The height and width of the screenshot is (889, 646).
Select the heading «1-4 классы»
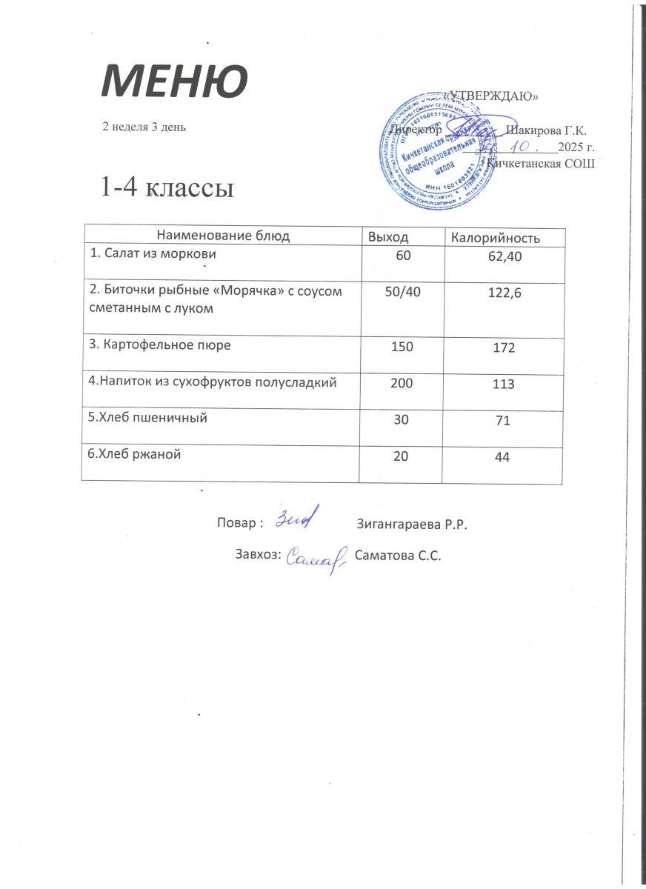pos(167,187)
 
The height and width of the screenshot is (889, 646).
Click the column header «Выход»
pos(388,237)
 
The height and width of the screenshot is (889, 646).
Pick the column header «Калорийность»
pos(496,238)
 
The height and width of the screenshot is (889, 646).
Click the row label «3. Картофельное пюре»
pos(164,345)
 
